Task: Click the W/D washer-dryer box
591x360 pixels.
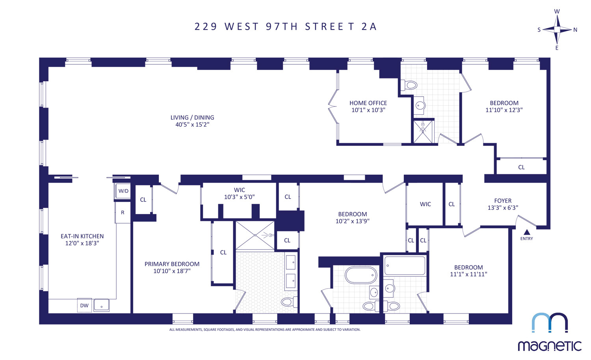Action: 123,191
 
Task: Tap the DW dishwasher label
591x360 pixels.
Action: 84,306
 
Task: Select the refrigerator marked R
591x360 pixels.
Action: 123,213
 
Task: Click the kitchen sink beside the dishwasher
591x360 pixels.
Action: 101,305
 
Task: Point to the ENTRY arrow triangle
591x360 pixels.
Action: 526,232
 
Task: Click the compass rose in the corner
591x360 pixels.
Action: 557,30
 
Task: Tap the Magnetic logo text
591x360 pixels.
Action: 549,346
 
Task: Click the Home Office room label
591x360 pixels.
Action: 368,103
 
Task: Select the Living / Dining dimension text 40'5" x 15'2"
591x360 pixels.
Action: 192,125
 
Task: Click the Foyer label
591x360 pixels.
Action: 503,201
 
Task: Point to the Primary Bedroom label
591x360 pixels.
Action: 172,264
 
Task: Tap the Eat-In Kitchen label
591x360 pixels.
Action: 82,236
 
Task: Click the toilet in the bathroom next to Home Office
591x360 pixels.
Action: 409,85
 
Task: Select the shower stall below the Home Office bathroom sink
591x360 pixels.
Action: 423,132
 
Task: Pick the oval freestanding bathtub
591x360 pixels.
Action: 361,275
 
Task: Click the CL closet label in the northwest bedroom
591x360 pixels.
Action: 521,167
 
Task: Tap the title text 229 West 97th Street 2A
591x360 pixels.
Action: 286,26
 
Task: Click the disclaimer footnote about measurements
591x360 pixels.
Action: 265,330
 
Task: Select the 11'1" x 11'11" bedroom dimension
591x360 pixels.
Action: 468,274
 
